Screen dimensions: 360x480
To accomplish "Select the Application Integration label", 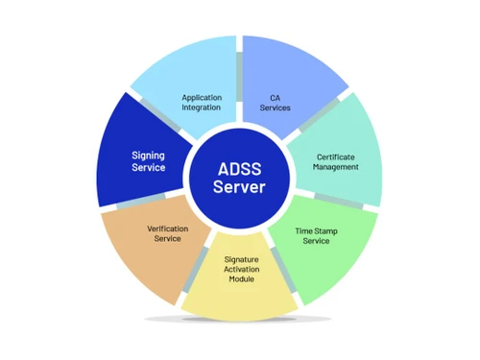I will [x=202, y=102].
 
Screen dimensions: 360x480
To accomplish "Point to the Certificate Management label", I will [x=336, y=161].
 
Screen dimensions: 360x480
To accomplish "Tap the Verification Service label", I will [x=168, y=233].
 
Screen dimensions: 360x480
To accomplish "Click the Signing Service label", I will [x=148, y=160].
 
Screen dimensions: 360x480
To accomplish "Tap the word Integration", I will [x=202, y=108].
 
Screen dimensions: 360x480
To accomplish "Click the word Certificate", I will [x=336, y=156].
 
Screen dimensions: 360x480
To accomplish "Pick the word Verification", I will [x=168, y=228].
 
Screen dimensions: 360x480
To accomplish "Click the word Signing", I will [x=148, y=154].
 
